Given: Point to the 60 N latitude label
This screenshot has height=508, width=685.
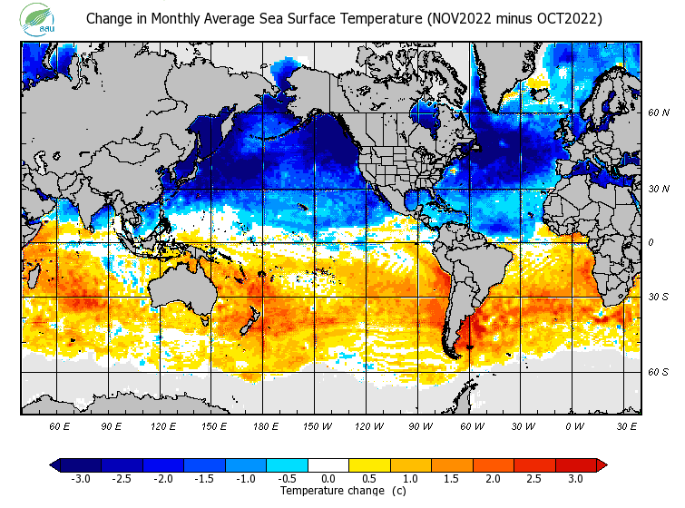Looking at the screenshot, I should coord(659,112).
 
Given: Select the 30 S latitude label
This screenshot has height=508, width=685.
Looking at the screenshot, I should coord(659,297).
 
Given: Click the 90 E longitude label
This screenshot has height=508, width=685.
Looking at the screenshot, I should coord(111,425).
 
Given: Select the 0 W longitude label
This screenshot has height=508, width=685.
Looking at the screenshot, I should coord(573,425).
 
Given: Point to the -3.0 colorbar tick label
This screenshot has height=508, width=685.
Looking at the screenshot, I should coord(79,478).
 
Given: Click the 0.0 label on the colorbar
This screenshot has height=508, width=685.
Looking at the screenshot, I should coord(328,478).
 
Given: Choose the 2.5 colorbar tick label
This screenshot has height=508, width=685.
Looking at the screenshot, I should coord(535,478).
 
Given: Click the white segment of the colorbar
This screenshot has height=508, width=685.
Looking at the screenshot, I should coord(328,465).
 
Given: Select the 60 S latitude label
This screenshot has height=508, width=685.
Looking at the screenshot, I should coord(659,372).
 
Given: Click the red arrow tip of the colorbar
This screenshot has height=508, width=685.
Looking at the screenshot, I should coord(602,465).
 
